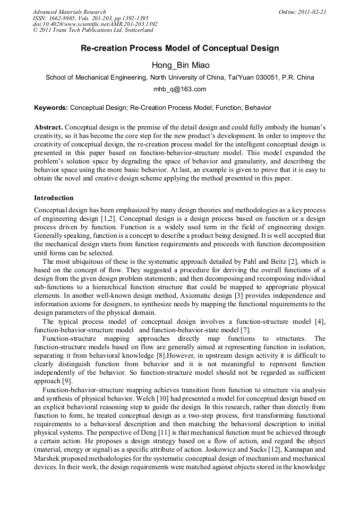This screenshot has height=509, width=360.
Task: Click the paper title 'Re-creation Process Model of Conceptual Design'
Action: (x=179, y=48)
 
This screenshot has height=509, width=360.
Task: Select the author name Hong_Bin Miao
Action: (x=179, y=65)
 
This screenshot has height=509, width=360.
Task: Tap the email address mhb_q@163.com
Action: (x=179, y=89)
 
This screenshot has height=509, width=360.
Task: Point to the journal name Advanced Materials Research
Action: (x=69, y=12)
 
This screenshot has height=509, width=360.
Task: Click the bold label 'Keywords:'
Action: (x=51, y=108)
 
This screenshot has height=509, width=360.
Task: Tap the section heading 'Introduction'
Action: (x=54, y=198)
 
